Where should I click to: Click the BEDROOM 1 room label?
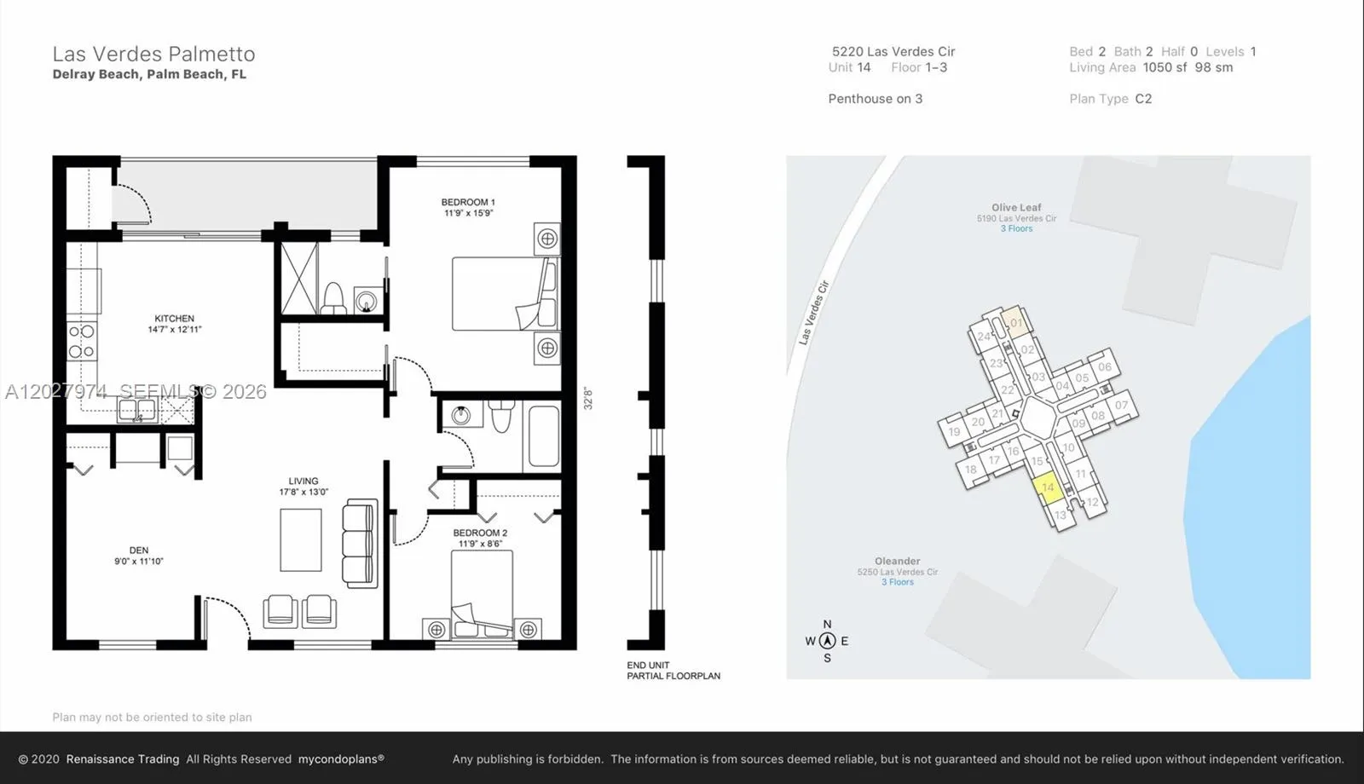click(468, 202)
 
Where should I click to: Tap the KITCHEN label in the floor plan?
click(174, 319)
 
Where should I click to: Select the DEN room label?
click(139, 551)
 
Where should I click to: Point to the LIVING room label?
click(303, 481)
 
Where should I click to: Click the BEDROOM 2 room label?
click(480, 533)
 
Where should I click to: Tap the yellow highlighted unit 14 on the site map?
click(1048, 489)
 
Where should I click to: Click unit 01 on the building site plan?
click(1016, 322)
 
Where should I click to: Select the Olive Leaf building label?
click(1016, 208)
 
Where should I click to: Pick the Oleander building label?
click(898, 562)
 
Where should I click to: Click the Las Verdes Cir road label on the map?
click(814, 312)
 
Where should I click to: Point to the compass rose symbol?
click(827, 640)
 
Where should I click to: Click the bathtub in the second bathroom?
click(544, 435)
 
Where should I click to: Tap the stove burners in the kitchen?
click(82, 342)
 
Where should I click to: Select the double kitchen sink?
click(137, 410)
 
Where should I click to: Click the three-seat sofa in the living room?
click(360, 543)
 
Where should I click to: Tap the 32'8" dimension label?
click(587, 399)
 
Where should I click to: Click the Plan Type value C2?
click(1143, 99)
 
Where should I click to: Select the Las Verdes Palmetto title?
click(153, 55)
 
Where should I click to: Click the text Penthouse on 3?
click(875, 99)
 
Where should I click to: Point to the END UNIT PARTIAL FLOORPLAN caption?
click(673, 671)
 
